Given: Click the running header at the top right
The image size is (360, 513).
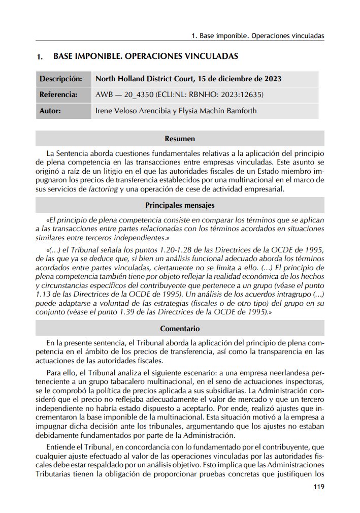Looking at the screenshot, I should tap(258, 37).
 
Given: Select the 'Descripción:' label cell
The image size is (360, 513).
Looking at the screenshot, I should tap(61, 79).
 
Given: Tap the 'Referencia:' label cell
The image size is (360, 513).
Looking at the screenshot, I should tap(58, 94).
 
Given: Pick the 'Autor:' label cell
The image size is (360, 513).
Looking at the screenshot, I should tap(50, 110).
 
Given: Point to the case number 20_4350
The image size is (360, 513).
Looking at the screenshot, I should tap(137, 94).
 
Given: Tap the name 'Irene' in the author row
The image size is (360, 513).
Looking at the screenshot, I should tap(105, 110).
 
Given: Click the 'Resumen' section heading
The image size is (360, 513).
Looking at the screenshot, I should tap(180, 138).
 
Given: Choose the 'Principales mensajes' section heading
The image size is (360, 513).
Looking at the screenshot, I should tap(180, 205).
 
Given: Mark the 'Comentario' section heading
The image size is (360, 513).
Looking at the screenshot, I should tap(180, 329).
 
